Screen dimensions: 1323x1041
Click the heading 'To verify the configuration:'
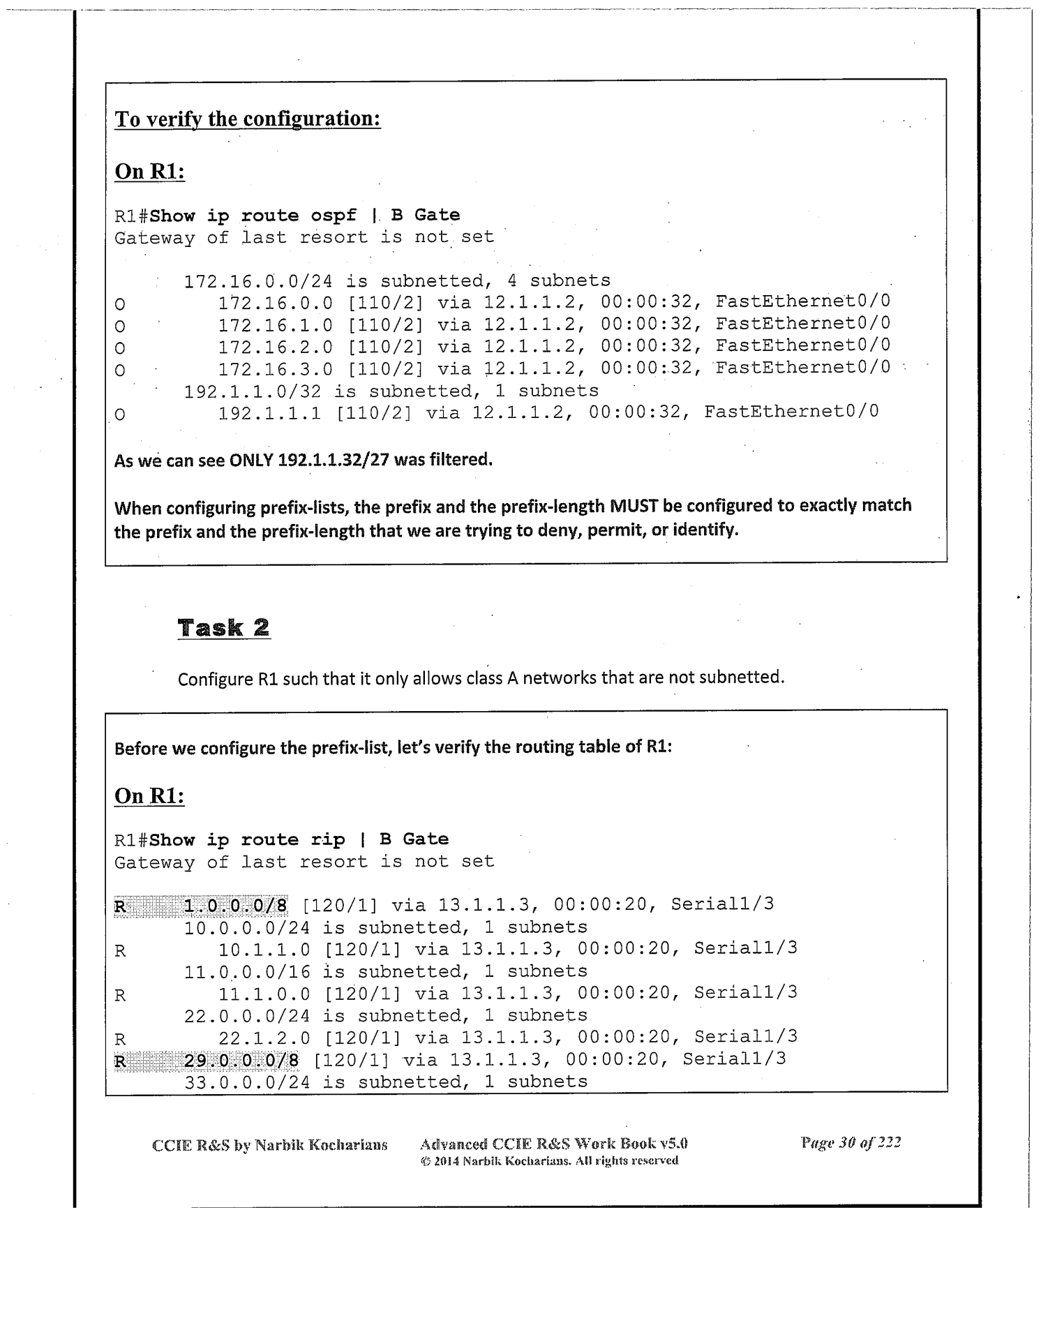click(x=248, y=119)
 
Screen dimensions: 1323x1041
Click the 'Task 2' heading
click(x=223, y=628)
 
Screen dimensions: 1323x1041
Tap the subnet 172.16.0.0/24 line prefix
click(x=257, y=281)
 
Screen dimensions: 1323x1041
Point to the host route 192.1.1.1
click(x=269, y=412)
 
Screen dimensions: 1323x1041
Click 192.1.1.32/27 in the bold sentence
click(x=333, y=460)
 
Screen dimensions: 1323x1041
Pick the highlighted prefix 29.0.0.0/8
click(x=241, y=1061)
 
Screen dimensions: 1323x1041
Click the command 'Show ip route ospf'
click(x=253, y=216)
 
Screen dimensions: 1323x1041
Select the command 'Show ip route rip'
click(x=247, y=840)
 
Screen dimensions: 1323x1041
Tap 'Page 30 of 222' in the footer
click(x=851, y=1142)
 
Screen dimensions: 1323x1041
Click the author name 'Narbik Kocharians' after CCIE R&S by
click(x=320, y=1145)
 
